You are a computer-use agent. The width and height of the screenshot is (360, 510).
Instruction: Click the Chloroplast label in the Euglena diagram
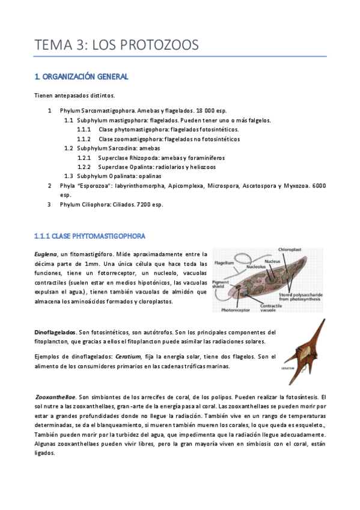click(x=294, y=248)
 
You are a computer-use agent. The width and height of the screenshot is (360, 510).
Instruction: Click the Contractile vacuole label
click(x=273, y=309)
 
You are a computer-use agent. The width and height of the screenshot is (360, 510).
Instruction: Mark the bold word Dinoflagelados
click(x=54, y=332)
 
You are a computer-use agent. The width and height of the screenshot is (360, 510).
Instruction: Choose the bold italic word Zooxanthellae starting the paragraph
click(x=55, y=397)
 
